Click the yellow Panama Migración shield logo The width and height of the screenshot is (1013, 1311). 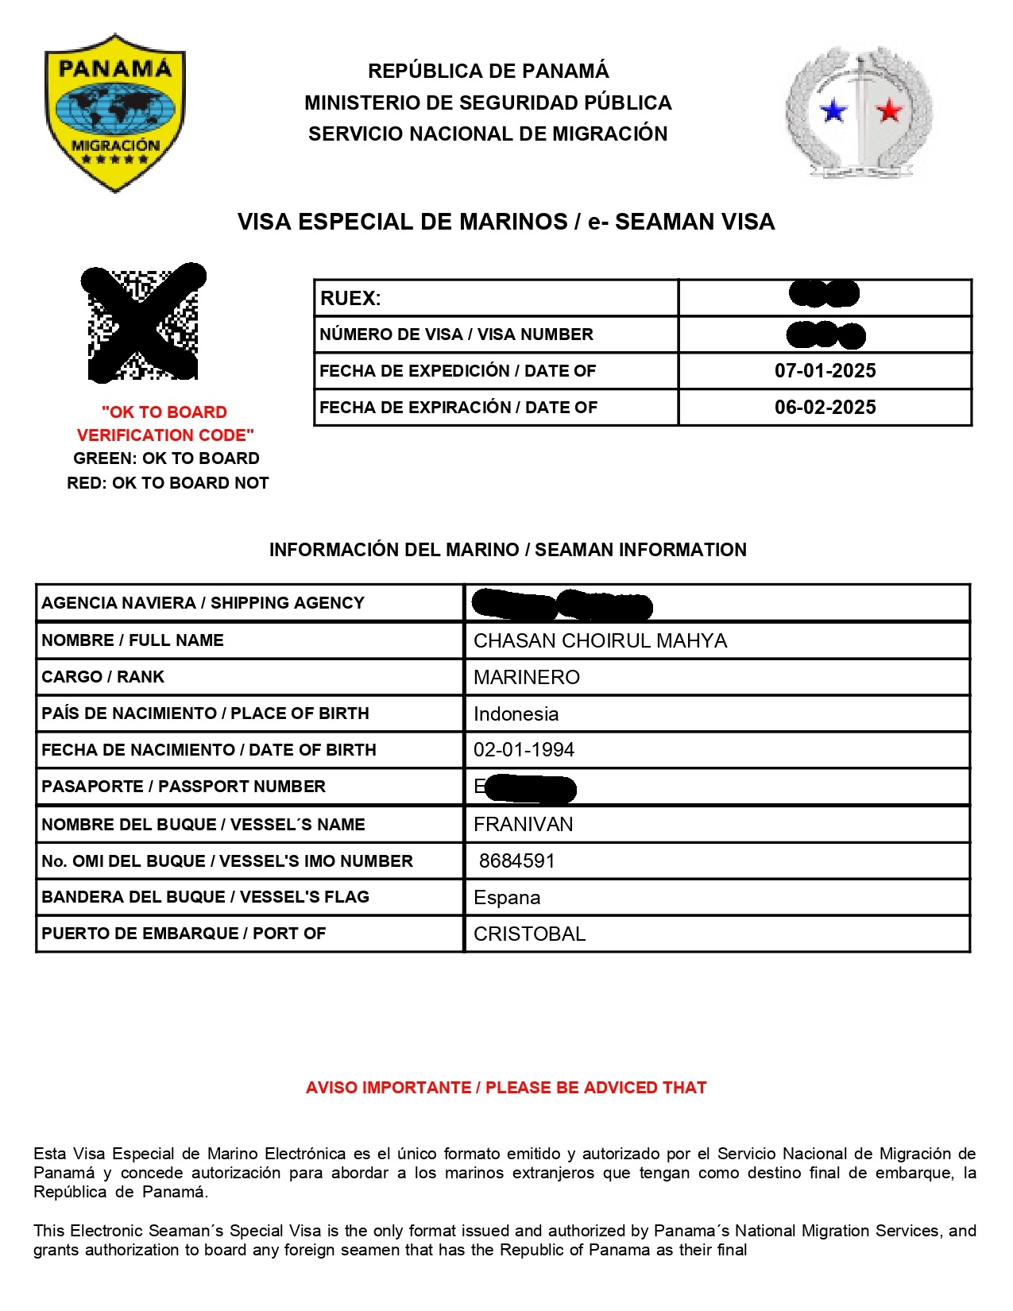coord(115,112)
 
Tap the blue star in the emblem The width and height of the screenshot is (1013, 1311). coord(833,110)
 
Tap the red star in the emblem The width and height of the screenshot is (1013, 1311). coord(889,110)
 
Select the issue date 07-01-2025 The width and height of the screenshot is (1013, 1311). coord(825,371)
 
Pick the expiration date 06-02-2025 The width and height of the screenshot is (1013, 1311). coord(825,408)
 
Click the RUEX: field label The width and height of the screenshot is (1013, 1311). coord(350,299)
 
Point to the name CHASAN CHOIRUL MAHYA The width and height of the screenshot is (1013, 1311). coord(600,641)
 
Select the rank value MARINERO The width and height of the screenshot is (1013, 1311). coord(527,678)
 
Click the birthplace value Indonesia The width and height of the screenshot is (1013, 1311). coord(516,714)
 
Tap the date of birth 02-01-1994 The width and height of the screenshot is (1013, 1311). coord(524,750)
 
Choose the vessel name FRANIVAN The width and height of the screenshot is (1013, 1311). coord(523,825)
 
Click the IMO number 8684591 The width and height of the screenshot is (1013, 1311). coord(516,861)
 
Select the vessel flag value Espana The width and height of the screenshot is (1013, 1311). coord(507,898)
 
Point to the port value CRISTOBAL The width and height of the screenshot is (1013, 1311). coord(529,934)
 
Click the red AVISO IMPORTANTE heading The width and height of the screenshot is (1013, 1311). coord(506,1088)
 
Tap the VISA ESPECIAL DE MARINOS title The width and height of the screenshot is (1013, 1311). coord(506,222)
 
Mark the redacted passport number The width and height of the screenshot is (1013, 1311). coord(529,788)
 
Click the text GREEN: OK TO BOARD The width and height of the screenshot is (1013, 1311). coord(166,458)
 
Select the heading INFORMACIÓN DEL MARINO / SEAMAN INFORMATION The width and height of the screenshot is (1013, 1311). coord(508,550)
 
